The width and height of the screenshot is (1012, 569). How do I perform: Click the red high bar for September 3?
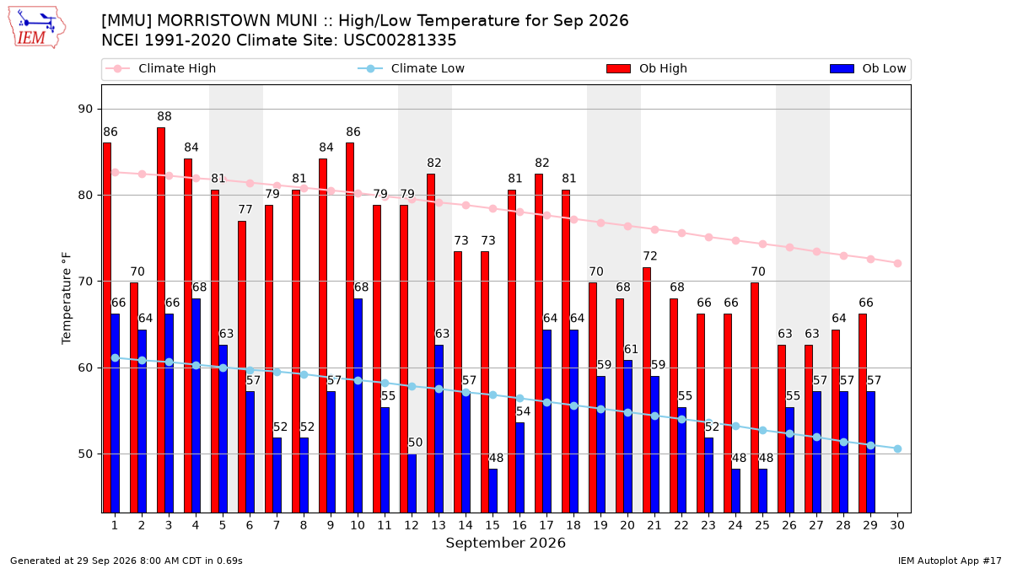[x=161, y=320]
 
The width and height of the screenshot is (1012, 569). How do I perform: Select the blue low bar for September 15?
[x=493, y=491]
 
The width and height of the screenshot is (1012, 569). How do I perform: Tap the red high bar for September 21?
[x=647, y=390]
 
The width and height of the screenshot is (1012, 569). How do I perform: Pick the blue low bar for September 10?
[x=358, y=406]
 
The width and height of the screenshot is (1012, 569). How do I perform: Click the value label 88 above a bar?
[x=164, y=116]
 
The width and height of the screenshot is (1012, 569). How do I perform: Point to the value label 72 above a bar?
[x=650, y=256]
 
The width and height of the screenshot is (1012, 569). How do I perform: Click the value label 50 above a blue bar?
[x=415, y=443]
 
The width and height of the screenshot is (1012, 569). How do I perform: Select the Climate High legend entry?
[x=161, y=68]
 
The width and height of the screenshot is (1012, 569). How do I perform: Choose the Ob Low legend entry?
[x=868, y=68]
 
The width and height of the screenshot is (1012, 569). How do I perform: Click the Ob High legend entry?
[x=647, y=68]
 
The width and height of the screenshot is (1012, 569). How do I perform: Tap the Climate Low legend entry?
[x=412, y=68]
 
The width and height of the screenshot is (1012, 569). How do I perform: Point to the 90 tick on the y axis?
[x=85, y=110]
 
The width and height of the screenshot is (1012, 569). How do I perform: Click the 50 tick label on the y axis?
[x=85, y=454]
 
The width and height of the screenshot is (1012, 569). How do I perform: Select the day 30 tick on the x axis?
[x=897, y=525]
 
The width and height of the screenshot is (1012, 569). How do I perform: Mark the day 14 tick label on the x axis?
[x=466, y=525]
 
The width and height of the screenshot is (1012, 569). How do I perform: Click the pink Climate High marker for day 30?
[x=897, y=263]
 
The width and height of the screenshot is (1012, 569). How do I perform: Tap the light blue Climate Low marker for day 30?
[x=897, y=448]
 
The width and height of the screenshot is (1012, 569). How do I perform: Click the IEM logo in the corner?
[x=36, y=28]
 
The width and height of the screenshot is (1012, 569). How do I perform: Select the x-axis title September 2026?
[x=505, y=543]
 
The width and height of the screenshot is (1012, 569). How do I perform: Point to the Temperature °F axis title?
[x=67, y=298]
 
